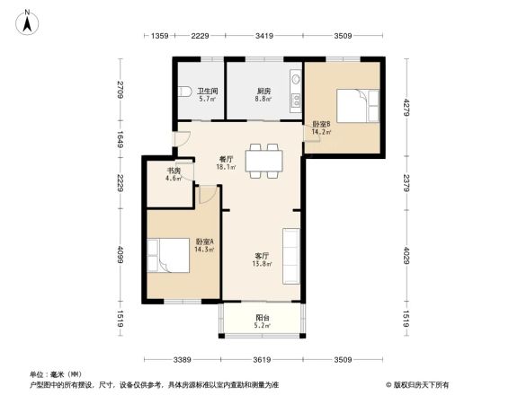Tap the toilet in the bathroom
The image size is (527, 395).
[x=184, y=91]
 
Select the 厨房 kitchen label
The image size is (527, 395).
[x=263, y=91]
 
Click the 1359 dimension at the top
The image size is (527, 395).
[x=160, y=36]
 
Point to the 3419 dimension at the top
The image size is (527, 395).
[x=263, y=36]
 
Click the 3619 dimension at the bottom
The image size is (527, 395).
[x=263, y=360]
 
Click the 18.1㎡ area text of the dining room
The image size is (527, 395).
[x=226, y=167]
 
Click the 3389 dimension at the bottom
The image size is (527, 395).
[x=183, y=360]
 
